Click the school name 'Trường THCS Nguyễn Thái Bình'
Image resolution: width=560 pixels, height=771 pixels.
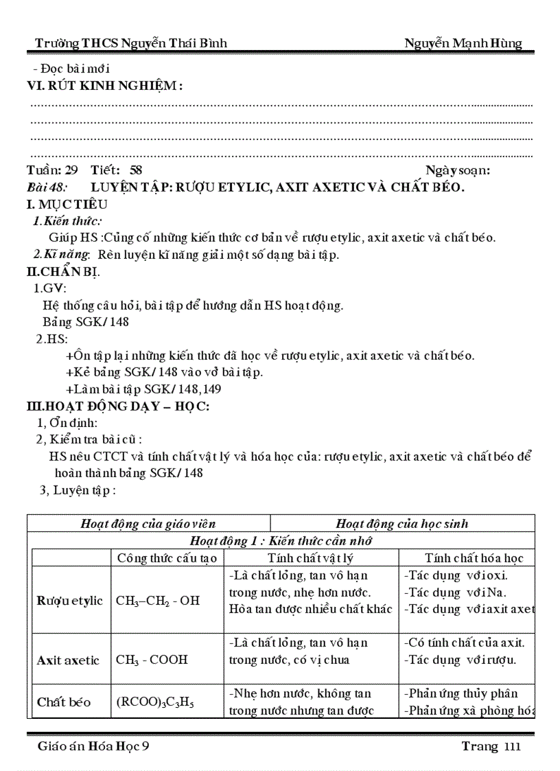point(131,44)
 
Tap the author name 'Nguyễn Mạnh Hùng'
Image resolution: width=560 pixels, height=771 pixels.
point(463,44)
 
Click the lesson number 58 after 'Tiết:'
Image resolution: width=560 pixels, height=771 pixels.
point(136,170)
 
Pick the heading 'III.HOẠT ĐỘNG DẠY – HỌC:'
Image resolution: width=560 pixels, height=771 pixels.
point(117,406)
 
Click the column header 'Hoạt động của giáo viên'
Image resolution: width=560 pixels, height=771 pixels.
point(148,524)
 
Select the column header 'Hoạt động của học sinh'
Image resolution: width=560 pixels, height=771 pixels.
point(402,524)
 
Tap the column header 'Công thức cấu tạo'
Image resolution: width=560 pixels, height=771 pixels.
point(167,557)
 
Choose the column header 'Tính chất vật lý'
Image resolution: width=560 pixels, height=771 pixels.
point(311,557)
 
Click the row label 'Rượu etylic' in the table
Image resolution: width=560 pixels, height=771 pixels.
point(70,600)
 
